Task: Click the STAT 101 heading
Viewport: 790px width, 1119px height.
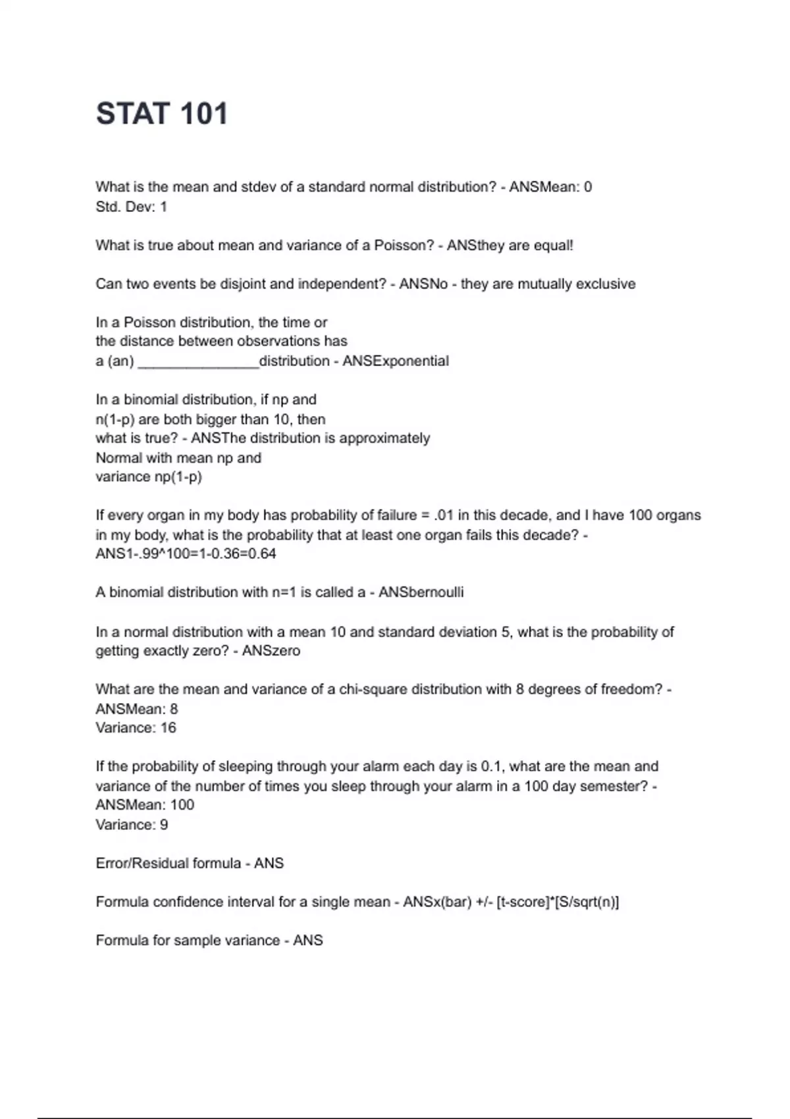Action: (162, 113)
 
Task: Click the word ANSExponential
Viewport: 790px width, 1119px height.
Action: (396, 361)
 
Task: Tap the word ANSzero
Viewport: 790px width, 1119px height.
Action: (271, 651)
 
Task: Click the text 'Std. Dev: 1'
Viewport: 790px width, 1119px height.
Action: (132, 207)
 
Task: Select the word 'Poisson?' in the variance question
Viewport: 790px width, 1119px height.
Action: (404, 246)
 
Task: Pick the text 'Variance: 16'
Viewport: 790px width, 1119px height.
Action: (136, 728)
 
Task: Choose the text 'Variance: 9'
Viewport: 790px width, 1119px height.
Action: (132, 825)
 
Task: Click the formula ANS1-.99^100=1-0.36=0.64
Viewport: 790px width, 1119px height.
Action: (186, 554)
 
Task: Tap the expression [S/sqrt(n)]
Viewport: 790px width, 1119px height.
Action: (587, 902)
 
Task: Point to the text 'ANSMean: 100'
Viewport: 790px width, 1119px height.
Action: (145, 805)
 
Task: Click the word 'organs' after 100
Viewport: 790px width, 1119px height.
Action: (679, 515)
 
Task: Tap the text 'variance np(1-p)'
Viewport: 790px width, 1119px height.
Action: (149, 477)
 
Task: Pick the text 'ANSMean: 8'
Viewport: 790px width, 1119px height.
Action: (137, 709)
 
